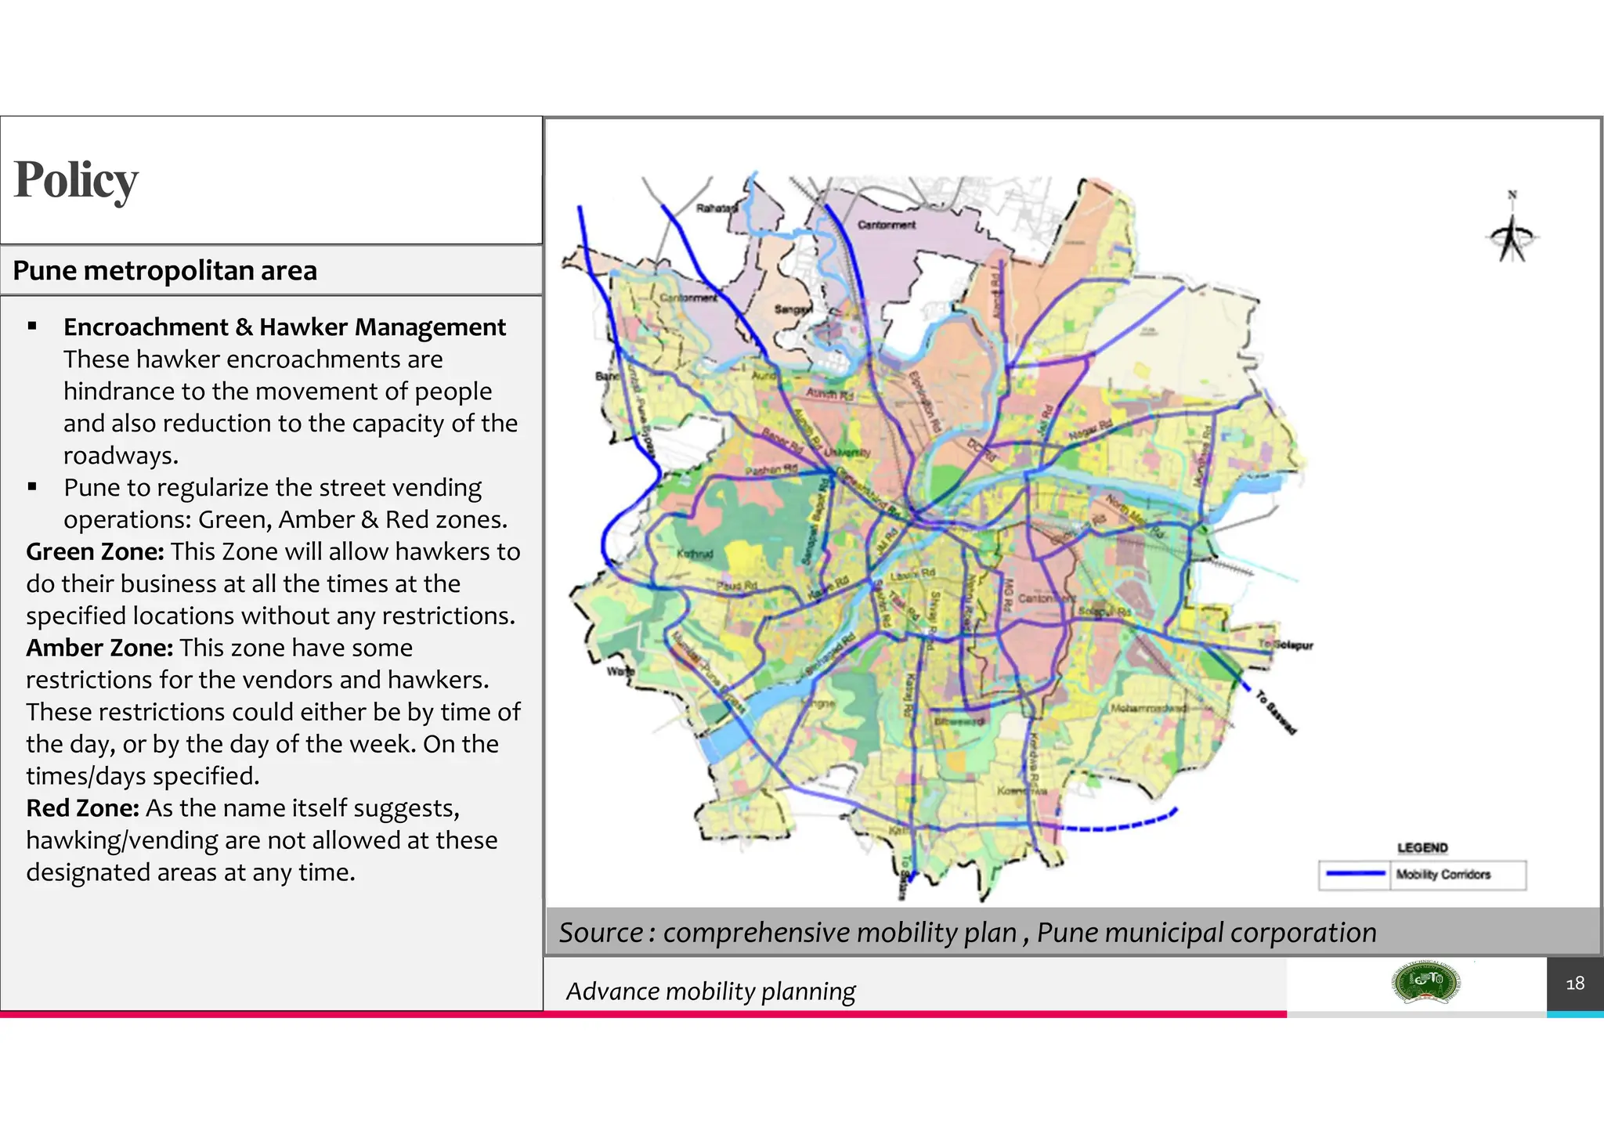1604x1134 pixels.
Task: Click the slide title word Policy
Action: (76, 180)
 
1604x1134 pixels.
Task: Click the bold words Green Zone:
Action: (95, 551)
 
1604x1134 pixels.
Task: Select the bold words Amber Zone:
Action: (99, 648)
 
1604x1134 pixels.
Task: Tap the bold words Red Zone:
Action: (82, 807)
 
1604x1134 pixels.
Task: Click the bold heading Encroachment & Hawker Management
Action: (284, 327)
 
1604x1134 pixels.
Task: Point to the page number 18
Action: (1574, 984)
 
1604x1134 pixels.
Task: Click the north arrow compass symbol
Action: (1512, 233)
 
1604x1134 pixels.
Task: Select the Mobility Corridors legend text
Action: (1443, 875)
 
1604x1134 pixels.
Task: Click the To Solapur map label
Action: (1285, 645)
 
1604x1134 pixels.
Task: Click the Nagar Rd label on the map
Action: (1090, 430)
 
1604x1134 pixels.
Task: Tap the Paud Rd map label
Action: (736, 585)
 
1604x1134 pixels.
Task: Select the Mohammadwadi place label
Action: (1148, 708)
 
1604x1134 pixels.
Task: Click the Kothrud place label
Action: (695, 554)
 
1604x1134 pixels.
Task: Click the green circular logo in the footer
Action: (1425, 983)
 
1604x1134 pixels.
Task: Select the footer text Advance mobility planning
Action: (710, 991)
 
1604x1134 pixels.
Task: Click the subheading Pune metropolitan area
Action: (164, 271)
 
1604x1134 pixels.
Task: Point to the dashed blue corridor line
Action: (1112, 826)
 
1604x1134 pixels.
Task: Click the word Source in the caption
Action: (601, 933)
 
